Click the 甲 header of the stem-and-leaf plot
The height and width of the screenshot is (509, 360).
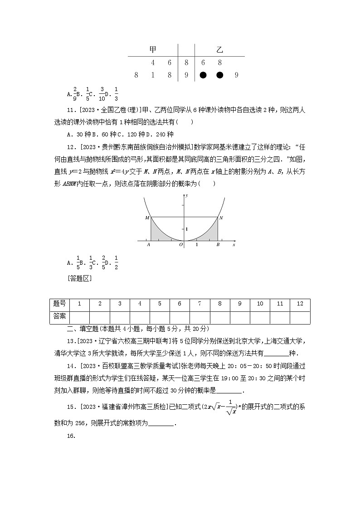(153, 49)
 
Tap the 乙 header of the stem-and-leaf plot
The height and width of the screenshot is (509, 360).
(219, 49)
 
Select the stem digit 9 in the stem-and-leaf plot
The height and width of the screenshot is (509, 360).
(186, 75)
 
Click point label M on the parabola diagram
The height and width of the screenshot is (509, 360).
(147, 218)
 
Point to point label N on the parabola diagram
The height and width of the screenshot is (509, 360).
(221, 218)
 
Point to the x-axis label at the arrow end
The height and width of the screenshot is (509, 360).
(234, 245)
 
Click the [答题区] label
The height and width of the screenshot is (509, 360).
(79, 278)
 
